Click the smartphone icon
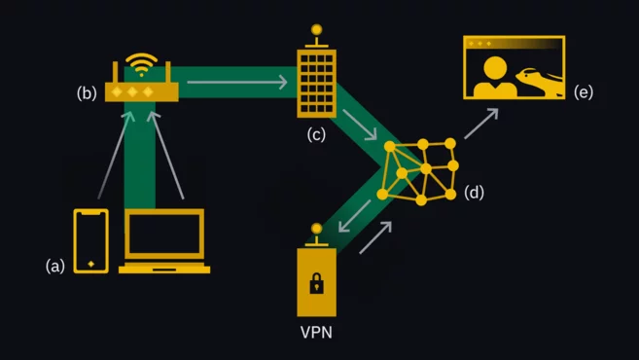91,240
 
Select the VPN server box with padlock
316,281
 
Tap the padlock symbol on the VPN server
316,284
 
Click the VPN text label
316,333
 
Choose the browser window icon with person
515,68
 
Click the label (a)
56,265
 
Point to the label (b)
88,94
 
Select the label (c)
315,134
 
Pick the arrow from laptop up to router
171,156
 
